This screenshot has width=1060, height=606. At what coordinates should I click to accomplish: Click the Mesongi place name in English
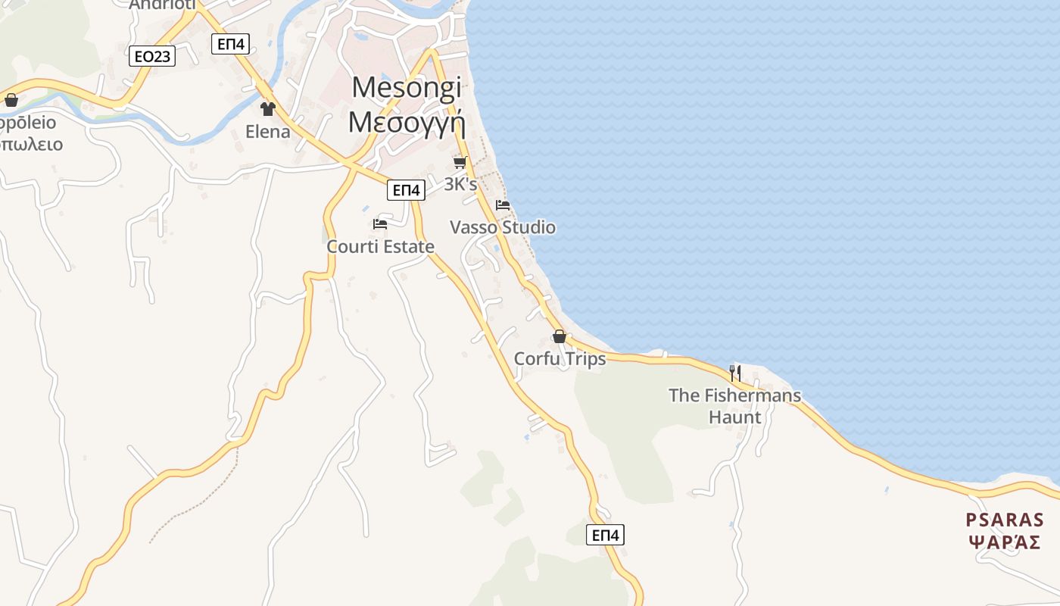pyautogui.click(x=407, y=88)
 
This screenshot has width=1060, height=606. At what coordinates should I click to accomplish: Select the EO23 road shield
pyautogui.click(x=152, y=56)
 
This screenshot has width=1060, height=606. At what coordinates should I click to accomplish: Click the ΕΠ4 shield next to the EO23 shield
pyautogui.click(x=231, y=44)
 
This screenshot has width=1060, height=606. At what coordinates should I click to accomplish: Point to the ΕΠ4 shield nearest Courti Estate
pyautogui.click(x=406, y=190)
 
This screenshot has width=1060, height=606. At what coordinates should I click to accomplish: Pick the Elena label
pyautogui.click(x=267, y=132)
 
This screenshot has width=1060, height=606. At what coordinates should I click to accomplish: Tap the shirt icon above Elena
pyautogui.click(x=267, y=109)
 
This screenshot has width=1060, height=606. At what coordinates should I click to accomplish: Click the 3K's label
pyautogui.click(x=460, y=184)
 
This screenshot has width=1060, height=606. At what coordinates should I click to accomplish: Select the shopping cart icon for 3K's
pyautogui.click(x=460, y=163)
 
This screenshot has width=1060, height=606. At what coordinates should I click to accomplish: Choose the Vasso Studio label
pyautogui.click(x=503, y=227)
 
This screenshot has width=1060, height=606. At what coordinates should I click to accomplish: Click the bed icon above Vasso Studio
pyautogui.click(x=503, y=205)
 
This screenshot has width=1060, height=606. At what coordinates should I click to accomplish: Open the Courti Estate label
pyautogui.click(x=380, y=246)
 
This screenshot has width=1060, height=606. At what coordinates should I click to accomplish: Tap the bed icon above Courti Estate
pyautogui.click(x=380, y=224)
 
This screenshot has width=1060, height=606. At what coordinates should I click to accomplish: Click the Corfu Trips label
pyautogui.click(x=560, y=358)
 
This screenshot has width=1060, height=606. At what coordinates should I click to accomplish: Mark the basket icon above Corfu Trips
pyautogui.click(x=560, y=337)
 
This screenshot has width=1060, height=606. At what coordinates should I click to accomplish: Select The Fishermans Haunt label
pyautogui.click(x=734, y=405)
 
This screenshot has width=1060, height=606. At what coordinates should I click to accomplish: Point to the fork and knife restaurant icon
pyautogui.click(x=734, y=373)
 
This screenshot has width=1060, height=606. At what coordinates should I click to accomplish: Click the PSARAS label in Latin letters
pyautogui.click(x=1005, y=520)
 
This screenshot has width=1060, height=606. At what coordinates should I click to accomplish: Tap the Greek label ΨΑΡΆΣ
pyautogui.click(x=1005, y=542)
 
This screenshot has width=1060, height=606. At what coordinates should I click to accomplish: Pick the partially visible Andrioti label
pyautogui.click(x=162, y=5)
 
